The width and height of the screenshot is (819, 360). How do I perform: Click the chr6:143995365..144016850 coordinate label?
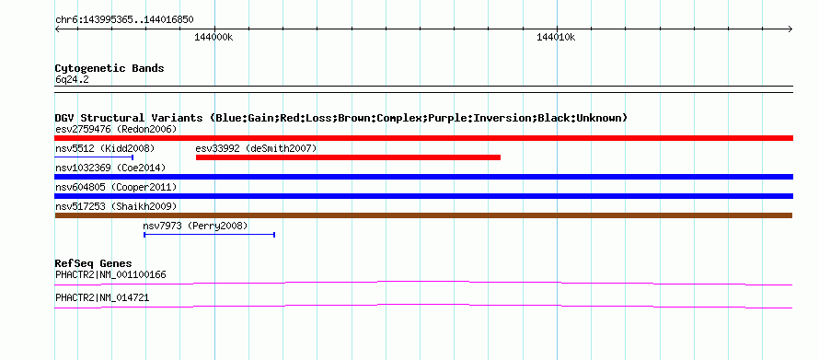[124, 20]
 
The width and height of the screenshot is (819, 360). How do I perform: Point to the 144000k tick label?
[214, 37]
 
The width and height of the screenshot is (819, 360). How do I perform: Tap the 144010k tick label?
[556, 37]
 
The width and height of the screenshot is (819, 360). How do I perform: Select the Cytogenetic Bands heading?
[110, 68]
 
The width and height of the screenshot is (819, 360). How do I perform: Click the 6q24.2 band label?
[72, 79]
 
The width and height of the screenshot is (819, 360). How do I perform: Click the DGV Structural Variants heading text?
[341, 118]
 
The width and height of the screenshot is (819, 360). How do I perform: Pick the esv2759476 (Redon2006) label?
[116, 129]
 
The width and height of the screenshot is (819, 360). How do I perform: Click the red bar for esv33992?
[348, 157]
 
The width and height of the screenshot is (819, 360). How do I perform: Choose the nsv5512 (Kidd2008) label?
[105, 148]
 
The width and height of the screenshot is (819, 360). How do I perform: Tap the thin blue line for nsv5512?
[94, 157]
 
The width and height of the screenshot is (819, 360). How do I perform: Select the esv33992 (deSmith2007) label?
[256, 148]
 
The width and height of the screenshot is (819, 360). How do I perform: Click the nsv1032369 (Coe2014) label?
[110, 168]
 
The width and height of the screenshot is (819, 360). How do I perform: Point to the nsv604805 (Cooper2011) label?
[116, 187]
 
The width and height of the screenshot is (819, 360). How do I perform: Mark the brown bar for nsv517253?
[423, 215]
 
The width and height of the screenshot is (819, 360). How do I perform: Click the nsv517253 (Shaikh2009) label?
[116, 206]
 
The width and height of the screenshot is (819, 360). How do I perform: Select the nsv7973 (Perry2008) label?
[195, 226]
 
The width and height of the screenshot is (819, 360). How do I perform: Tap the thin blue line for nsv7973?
[210, 235]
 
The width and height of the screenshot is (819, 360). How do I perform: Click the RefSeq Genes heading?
[94, 263]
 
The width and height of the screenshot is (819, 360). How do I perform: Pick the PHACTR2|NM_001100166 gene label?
[110, 274]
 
